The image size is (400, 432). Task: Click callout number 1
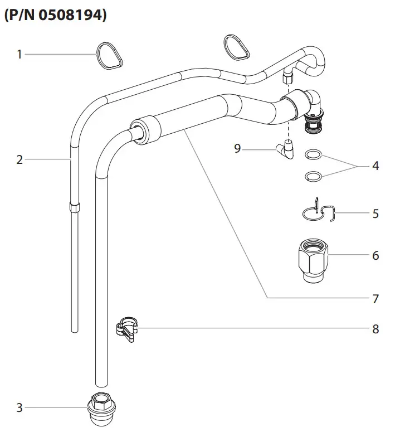click(19, 54)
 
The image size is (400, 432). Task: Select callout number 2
click(19, 160)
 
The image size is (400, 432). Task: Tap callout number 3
click(19, 407)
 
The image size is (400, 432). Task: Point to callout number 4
click(375, 166)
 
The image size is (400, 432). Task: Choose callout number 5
click(375, 213)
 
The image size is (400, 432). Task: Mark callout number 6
click(375, 255)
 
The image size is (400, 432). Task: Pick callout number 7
click(375, 299)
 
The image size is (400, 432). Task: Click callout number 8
click(375, 329)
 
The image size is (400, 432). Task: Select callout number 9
click(237, 149)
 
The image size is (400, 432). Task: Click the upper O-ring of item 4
click(314, 154)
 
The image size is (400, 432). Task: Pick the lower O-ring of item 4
click(314, 176)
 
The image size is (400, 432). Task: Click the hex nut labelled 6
click(313, 259)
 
